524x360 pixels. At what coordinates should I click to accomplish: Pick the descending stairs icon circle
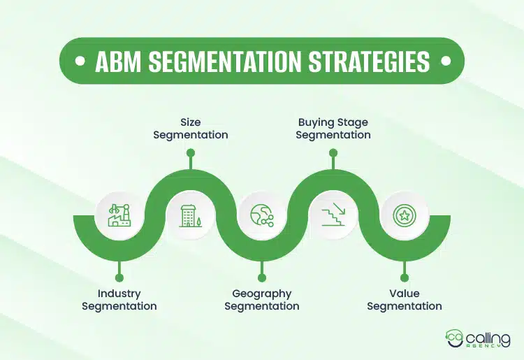tap(333, 215)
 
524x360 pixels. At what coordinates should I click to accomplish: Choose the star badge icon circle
tap(405, 215)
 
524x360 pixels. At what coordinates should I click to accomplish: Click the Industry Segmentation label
tap(119, 300)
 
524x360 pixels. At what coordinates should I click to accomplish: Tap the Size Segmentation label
tap(191, 129)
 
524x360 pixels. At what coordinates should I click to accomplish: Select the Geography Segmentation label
tap(262, 300)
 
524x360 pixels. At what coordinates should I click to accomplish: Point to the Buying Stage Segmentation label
tap(333, 129)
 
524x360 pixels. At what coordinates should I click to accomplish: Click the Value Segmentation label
tap(405, 300)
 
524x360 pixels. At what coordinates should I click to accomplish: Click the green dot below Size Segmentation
tap(191, 152)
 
